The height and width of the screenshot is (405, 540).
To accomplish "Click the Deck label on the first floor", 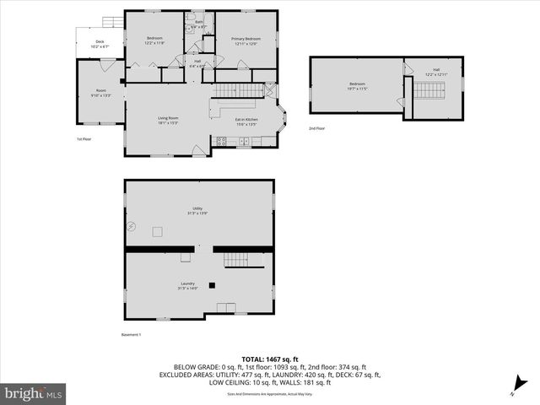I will pyautogui.click(x=100, y=44).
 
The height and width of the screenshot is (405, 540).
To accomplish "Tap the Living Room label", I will pyautogui.click(x=168, y=121).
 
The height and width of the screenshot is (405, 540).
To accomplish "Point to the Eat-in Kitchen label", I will pyautogui.click(x=246, y=121).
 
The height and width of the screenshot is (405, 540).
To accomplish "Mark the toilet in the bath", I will pyautogui.click(x=192, y=18).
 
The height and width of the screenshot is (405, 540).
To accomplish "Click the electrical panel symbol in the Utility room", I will pyautogui.click(x=131, y=225).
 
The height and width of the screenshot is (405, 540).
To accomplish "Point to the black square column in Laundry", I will pyautogui.click(x=213, y=285).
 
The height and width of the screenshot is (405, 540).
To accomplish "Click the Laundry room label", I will pyautogui.click(x=187, y=285).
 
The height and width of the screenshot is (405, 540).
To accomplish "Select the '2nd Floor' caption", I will pyautogui.click(x=316, y=128).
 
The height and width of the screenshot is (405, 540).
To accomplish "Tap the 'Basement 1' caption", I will pyautogui.click(x=132, y=335).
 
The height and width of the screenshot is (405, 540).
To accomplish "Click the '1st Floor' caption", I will pyautogui.click(x=84, y=139).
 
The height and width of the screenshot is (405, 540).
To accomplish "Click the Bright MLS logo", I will pyautogui.click(x=34, y=393).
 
